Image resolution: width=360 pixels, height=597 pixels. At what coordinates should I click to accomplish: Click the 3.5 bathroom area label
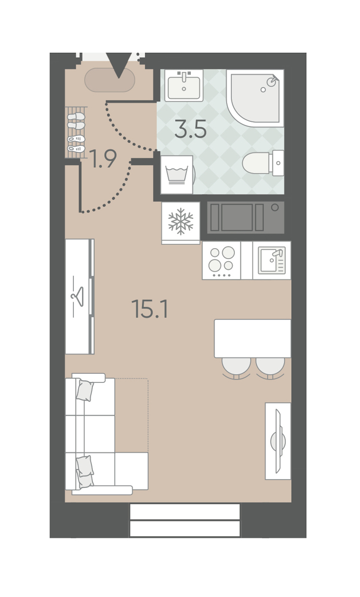190,129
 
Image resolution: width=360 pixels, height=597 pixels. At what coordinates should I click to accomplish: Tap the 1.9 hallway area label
103,158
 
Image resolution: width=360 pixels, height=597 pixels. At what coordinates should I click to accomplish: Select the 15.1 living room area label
150,309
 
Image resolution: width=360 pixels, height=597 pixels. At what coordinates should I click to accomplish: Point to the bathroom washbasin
184,86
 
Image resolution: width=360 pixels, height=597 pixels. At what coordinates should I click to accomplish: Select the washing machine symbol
177,175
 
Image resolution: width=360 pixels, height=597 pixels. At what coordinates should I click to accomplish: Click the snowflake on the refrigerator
181,222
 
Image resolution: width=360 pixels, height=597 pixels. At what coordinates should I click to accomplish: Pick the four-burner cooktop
222,260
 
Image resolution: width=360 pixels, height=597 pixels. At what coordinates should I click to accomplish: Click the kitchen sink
272,260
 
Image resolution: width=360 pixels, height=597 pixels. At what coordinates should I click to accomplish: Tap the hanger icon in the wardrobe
77,296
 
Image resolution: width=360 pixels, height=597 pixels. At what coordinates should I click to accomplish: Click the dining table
253,339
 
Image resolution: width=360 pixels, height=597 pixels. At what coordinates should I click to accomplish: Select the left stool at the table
236,368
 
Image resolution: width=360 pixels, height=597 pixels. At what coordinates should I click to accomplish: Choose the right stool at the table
270,368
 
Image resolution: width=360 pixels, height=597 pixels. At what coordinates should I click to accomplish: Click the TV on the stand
278,441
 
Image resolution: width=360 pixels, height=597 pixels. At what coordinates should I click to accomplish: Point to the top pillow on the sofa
85,391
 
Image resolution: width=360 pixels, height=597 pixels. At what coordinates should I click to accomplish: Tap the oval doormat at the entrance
110,80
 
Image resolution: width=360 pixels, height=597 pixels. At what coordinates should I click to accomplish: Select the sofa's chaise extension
131,471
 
